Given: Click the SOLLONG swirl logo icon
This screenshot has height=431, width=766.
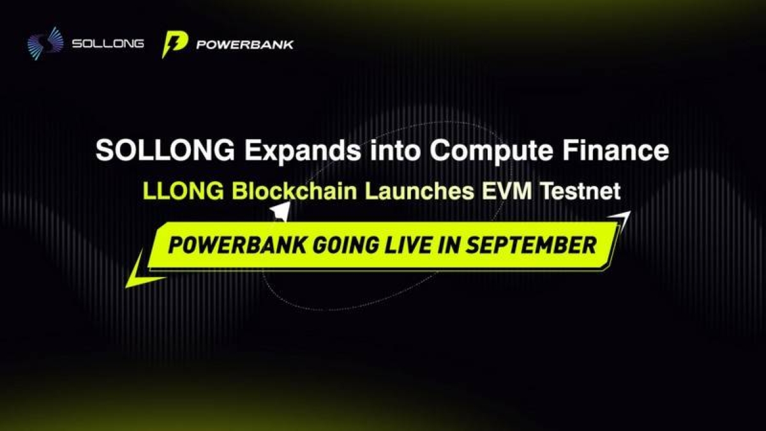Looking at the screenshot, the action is click(45, 44).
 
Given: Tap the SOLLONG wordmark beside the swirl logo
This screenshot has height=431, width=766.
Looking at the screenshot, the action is click(108, 44).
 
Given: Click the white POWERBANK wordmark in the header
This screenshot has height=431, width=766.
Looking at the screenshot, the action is click(245, 45).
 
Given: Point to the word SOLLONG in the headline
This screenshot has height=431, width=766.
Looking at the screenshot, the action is click(165, 150).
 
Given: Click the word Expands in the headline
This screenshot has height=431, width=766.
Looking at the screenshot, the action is click(303, 151).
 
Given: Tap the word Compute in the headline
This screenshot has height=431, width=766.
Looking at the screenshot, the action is click(492, 151).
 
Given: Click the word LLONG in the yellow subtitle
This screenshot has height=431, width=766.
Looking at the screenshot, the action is click(184, 191).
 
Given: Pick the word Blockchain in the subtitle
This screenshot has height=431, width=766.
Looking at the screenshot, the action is click(294, 191).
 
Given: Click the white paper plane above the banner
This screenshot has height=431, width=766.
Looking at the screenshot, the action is click(280, 211).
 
